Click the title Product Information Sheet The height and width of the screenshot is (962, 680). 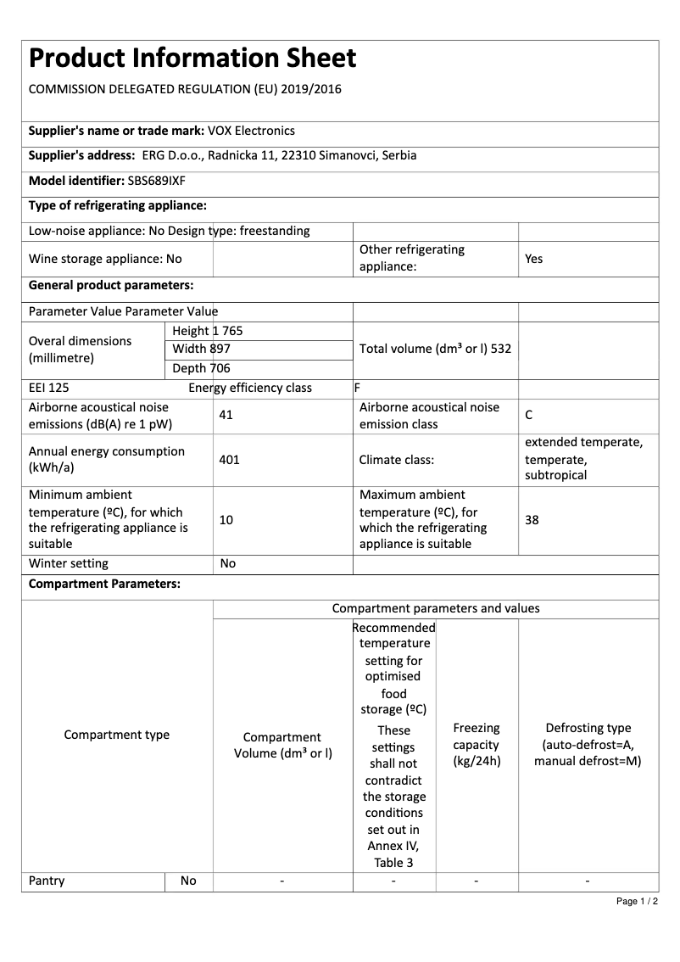tap(192, 59)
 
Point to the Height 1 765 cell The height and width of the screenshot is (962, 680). tap(207, 331)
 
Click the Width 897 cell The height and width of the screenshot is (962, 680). tap(201, 349)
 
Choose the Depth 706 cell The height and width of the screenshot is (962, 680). tap(201, 368)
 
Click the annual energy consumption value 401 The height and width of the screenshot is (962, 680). tap(229, 460)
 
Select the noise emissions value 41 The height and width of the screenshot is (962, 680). tap(226, 416)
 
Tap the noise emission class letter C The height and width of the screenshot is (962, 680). tap(529, 416)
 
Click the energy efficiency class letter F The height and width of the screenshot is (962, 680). tap(357, 389)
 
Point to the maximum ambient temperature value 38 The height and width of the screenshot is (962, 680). tap(532, 520)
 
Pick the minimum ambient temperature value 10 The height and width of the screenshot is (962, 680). tap(226, 520)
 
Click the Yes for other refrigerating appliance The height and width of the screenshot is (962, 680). tap(533, 259)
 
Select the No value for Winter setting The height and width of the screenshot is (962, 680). tap(227, 563)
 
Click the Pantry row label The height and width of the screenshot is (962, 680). tap(47, 881)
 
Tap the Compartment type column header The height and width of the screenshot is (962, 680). tap(117, 735)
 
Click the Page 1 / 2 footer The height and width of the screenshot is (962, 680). tap(637, 901)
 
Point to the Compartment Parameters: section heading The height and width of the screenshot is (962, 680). tap(104, 584)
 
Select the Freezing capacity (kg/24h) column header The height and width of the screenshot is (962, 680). tap(477, 745)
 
